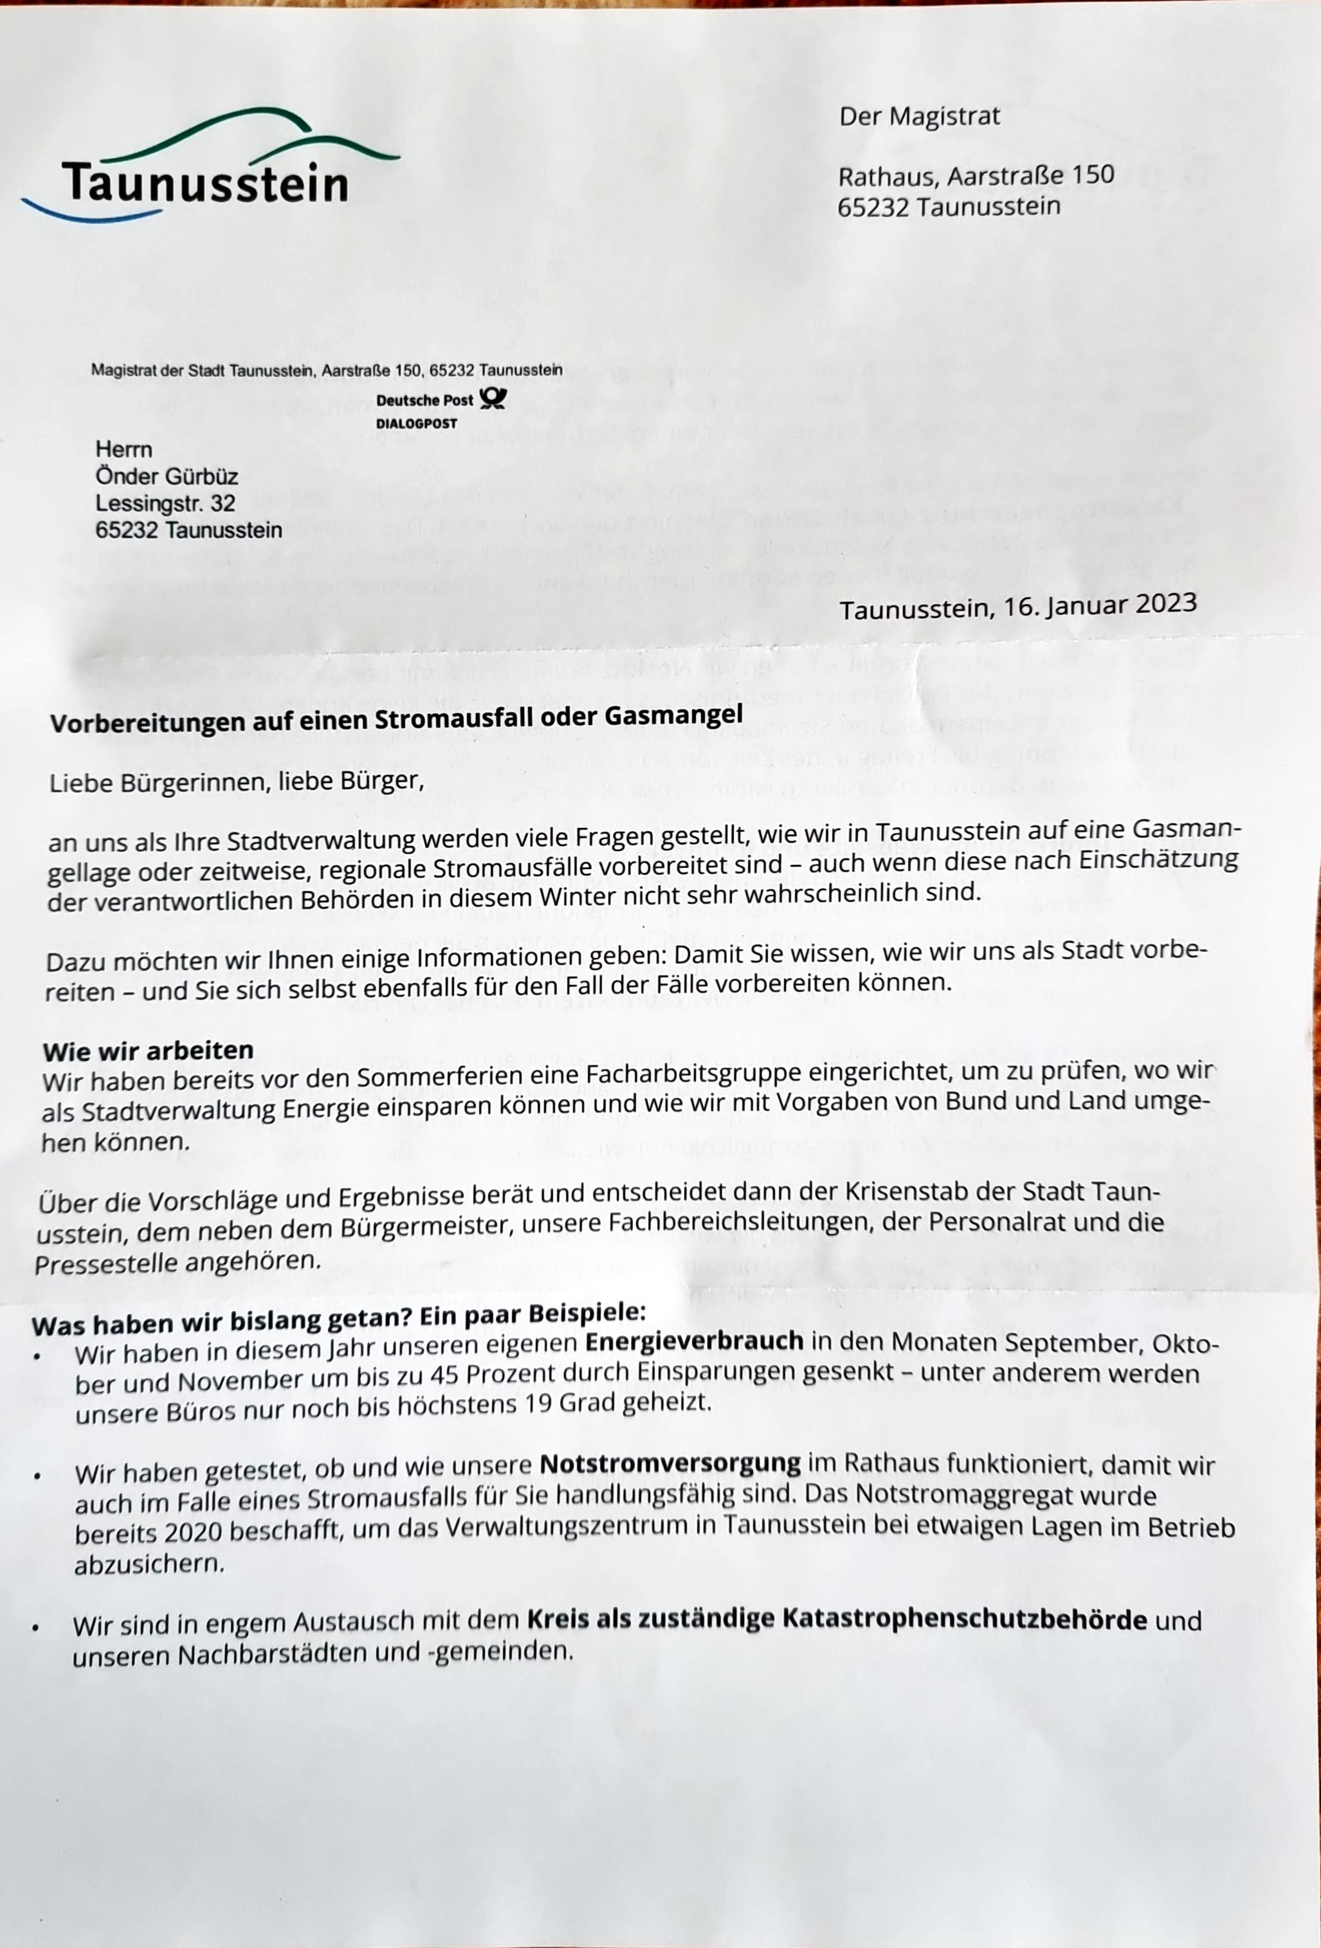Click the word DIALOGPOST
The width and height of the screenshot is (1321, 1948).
(x=417, y=424)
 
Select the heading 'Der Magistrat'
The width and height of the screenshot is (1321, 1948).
(x=920, y=116)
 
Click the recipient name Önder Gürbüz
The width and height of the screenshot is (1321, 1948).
(x=167, y=476)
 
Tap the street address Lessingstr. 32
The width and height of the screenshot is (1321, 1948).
(x=165, y=503)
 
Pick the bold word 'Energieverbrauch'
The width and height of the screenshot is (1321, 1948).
(x=694, y=1342)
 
